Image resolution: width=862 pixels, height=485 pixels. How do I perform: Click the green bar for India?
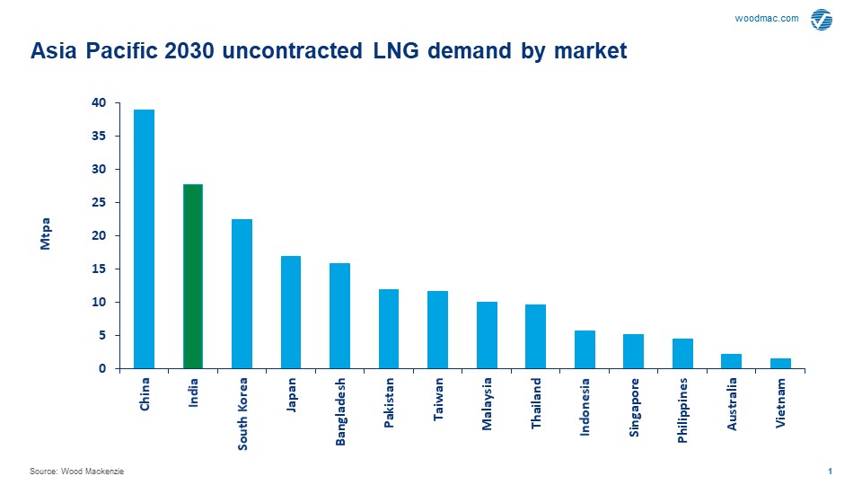(193, 277)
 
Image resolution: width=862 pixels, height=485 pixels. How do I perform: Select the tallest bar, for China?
(144, 239)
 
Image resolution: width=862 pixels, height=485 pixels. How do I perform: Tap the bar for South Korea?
(242, 294)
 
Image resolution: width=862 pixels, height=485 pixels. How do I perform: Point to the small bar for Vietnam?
(780, 363)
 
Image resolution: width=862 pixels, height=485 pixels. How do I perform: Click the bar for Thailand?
(535, 336)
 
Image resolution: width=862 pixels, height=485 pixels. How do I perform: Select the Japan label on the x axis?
(291, 394)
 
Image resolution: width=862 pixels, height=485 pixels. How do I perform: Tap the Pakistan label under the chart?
(389, 403)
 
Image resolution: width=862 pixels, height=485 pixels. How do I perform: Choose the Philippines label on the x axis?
(682, 410)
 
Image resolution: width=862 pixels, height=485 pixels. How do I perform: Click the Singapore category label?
(634, 407)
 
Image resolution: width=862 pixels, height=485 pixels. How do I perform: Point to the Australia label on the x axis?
(732, 404)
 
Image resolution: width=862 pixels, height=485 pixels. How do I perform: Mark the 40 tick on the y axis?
(99, 103)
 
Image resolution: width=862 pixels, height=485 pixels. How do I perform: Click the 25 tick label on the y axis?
(99, 203)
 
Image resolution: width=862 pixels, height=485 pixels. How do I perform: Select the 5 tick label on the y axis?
(101, 336)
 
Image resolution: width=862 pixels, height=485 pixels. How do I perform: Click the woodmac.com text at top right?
(766, 19)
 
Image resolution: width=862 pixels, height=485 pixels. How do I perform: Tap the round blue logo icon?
(821, 20)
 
